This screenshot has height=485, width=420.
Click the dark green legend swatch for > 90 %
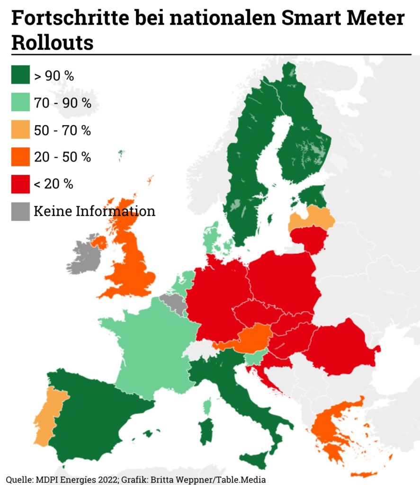click(20, 75)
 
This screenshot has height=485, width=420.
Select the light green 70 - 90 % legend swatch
click(20, 102)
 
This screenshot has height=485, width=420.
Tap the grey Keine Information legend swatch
click(20, 211)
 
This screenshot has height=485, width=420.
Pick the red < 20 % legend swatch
click(20, 184)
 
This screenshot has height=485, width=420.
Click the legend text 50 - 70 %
click(62, 130)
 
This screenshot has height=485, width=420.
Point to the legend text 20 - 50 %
click(62, 157)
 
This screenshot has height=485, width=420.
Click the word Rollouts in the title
click(52, 42)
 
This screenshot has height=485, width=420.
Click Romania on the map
click(343, 346)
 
